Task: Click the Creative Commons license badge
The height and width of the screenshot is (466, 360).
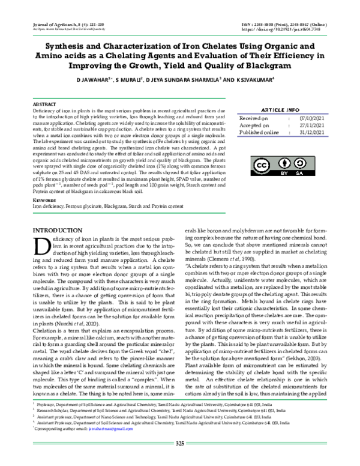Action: point(279,168)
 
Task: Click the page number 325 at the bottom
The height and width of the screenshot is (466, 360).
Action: point(179,461)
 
